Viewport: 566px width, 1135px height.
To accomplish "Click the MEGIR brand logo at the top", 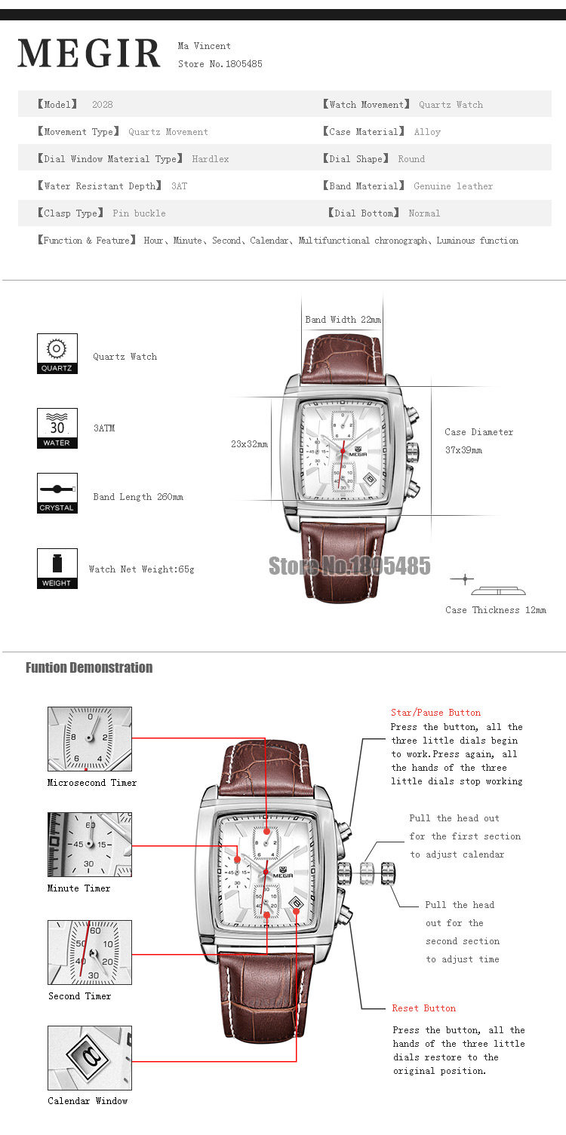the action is click(x=89, y=54).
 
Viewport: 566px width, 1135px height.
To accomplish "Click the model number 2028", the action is click(x=102, y=105).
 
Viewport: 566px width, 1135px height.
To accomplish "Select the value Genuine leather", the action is click(x=453, y=186).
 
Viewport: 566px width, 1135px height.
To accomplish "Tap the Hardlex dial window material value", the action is click(x=210, y=159).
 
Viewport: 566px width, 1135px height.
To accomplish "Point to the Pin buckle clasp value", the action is click(x=139, y=213).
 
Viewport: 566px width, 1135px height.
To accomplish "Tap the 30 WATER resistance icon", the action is click(x=57, y=428).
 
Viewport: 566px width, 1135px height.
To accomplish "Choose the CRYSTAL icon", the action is click(x=57, y=493).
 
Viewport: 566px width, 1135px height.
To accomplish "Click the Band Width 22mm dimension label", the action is click(x=343, y=320).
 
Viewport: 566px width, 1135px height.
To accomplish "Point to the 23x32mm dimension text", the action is click(x=249, y=444).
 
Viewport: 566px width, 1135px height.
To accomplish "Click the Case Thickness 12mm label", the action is click(x=495, y=610).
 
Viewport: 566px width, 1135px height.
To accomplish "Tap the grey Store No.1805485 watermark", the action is click(x=349, y=566).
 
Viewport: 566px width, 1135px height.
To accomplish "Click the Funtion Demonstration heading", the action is click(x=89, y=667).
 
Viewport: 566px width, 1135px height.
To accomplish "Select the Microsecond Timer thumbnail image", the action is click(x=90, y=739).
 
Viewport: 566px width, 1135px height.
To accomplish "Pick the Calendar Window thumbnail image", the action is click(x=90, y=1057).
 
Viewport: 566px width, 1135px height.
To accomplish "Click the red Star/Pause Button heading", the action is click(x=435, y=713).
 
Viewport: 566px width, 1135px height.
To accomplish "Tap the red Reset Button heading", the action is click(x=423, y=1008).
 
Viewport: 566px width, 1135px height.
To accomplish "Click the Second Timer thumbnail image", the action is click(x=90, y=952).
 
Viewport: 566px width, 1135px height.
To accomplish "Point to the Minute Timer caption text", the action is click(x=78, y=888).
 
